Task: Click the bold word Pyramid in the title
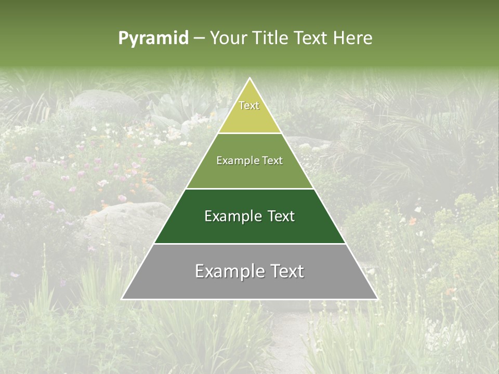coord(153,38)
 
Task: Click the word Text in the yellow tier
coord(249,105)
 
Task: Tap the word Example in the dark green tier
coord(232,216)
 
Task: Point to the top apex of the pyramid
coord(249,79)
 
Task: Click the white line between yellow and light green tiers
coord(249,133)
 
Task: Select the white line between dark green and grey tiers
coord(249,244)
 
